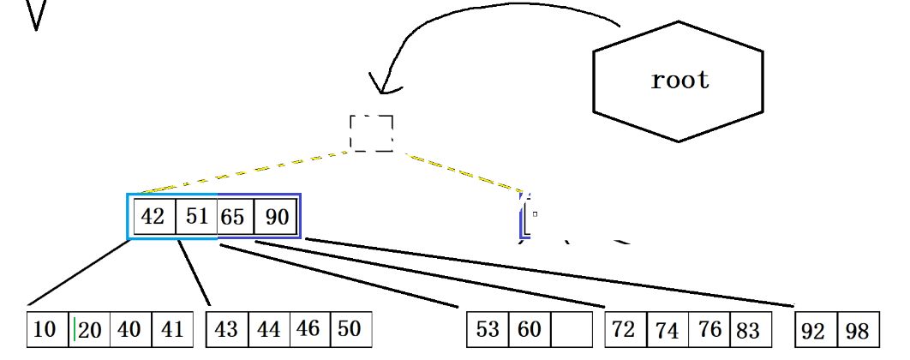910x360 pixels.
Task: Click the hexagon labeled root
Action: tap(678, 81)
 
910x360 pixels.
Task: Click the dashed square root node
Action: tap(372, 134)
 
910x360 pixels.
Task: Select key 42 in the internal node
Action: tap(153, 217)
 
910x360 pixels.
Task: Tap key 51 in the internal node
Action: tap(197, 217)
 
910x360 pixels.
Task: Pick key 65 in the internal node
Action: tap(233, 217)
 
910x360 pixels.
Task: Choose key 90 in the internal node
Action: tap(277, 217)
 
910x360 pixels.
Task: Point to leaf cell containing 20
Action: tap(89, 330)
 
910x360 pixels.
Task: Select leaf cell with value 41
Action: tap(172, 330)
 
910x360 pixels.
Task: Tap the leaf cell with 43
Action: tap(226, 330)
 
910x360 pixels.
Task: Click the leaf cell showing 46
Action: tap(309, 330)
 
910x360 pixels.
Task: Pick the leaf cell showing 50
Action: tap(350, 330)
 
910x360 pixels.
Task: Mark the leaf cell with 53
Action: tap(488, 330)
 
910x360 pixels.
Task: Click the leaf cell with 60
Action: tap(530, 330)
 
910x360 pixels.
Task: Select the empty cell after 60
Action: tap(572, 330)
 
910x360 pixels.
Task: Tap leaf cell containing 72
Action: tap(625, 330)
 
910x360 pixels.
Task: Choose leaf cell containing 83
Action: tap(747, 330)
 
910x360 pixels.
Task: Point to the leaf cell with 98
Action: tap(857, 330)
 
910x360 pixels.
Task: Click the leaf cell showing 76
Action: tap(708, 330)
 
